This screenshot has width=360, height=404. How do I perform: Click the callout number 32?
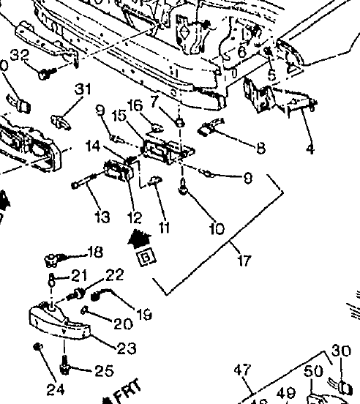click(x=20, y=56)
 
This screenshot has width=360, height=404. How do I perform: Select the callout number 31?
click(x=83, y=89)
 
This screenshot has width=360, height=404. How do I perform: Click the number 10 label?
click(x=217, y=228)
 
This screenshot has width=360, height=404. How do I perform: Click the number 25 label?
click(x=104, y=371)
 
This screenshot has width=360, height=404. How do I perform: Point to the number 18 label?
click(x=95, y=252)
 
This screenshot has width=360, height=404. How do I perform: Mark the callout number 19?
click(x=143, y=315)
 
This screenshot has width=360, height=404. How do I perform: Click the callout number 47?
click(x=242, y=370)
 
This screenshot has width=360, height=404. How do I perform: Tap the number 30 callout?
click(x=341, y=351)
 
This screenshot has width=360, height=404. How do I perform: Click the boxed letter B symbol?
click(x=146, y=257)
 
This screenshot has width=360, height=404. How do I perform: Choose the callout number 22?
click(x=114, y=275)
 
